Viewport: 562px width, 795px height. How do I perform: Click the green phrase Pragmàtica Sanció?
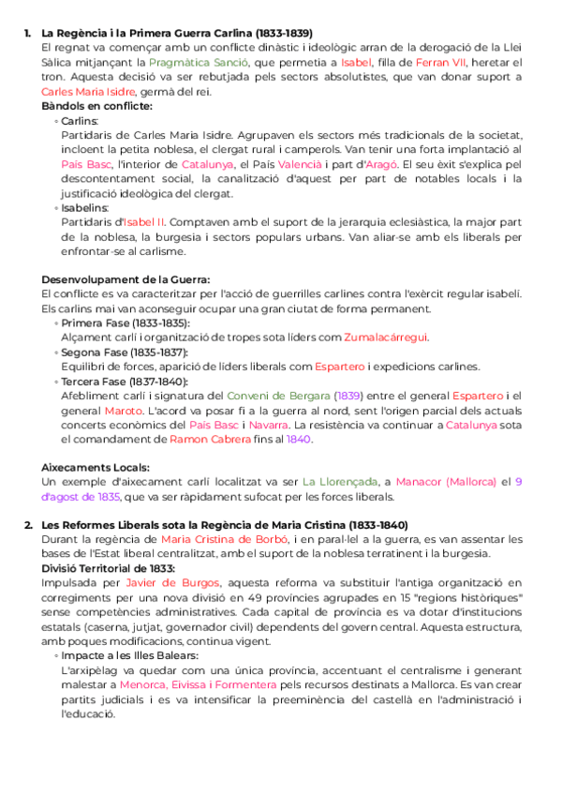point(195,61)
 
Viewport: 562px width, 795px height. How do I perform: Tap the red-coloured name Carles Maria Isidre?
point(88,91)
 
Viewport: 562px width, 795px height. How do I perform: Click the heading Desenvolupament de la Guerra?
point(126,279)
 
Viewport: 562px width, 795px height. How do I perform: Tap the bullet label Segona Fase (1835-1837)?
point(125,352)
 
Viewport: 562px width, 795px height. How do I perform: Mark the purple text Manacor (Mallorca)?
point(447,482)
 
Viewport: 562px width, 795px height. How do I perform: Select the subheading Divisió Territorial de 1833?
point(107,568)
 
